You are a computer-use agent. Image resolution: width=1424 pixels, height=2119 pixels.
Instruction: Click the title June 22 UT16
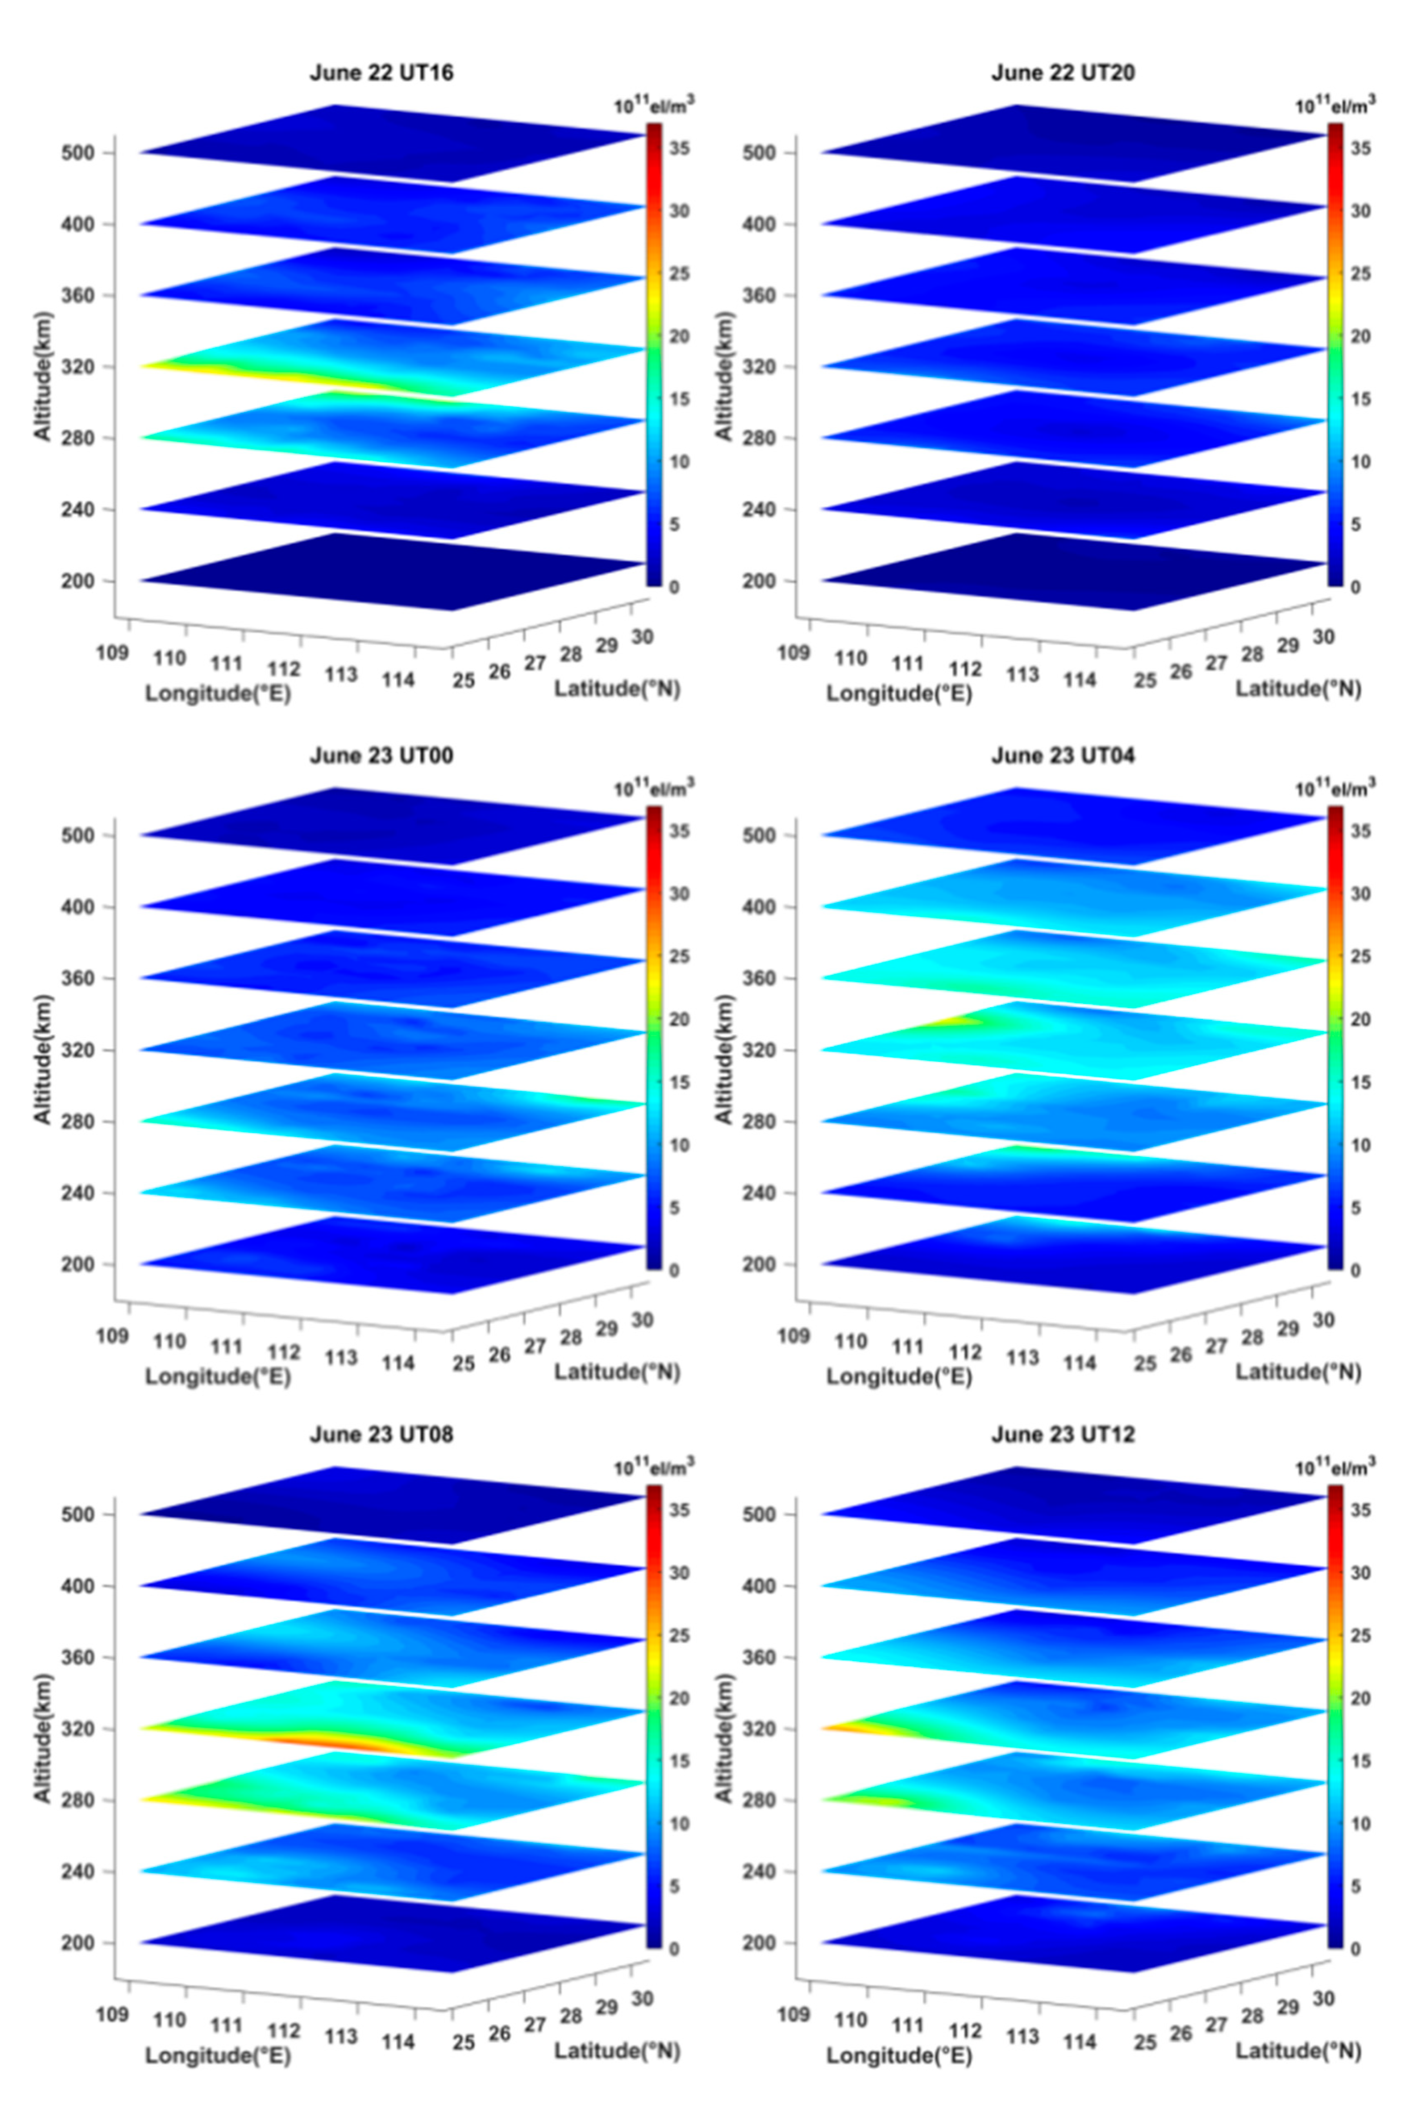(382, 73)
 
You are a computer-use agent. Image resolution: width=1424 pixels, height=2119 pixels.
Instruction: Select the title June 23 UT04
(1062, 755)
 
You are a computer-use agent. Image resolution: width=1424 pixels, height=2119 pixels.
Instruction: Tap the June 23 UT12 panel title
(1062, 1435)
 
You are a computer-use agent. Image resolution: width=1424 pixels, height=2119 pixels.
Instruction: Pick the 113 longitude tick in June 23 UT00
(341, 1357)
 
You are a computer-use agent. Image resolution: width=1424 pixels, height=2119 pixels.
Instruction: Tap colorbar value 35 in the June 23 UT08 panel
(679, 1510)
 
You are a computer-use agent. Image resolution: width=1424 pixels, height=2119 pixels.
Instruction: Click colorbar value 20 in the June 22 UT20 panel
(1360, 336)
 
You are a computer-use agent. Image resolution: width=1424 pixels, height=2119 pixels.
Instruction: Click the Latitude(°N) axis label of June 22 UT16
(617, 689)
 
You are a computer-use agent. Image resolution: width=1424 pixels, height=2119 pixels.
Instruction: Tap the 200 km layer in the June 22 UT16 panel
(390, 572)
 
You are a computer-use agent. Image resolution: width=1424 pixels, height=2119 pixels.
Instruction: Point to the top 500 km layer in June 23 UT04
(1072, 826)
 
